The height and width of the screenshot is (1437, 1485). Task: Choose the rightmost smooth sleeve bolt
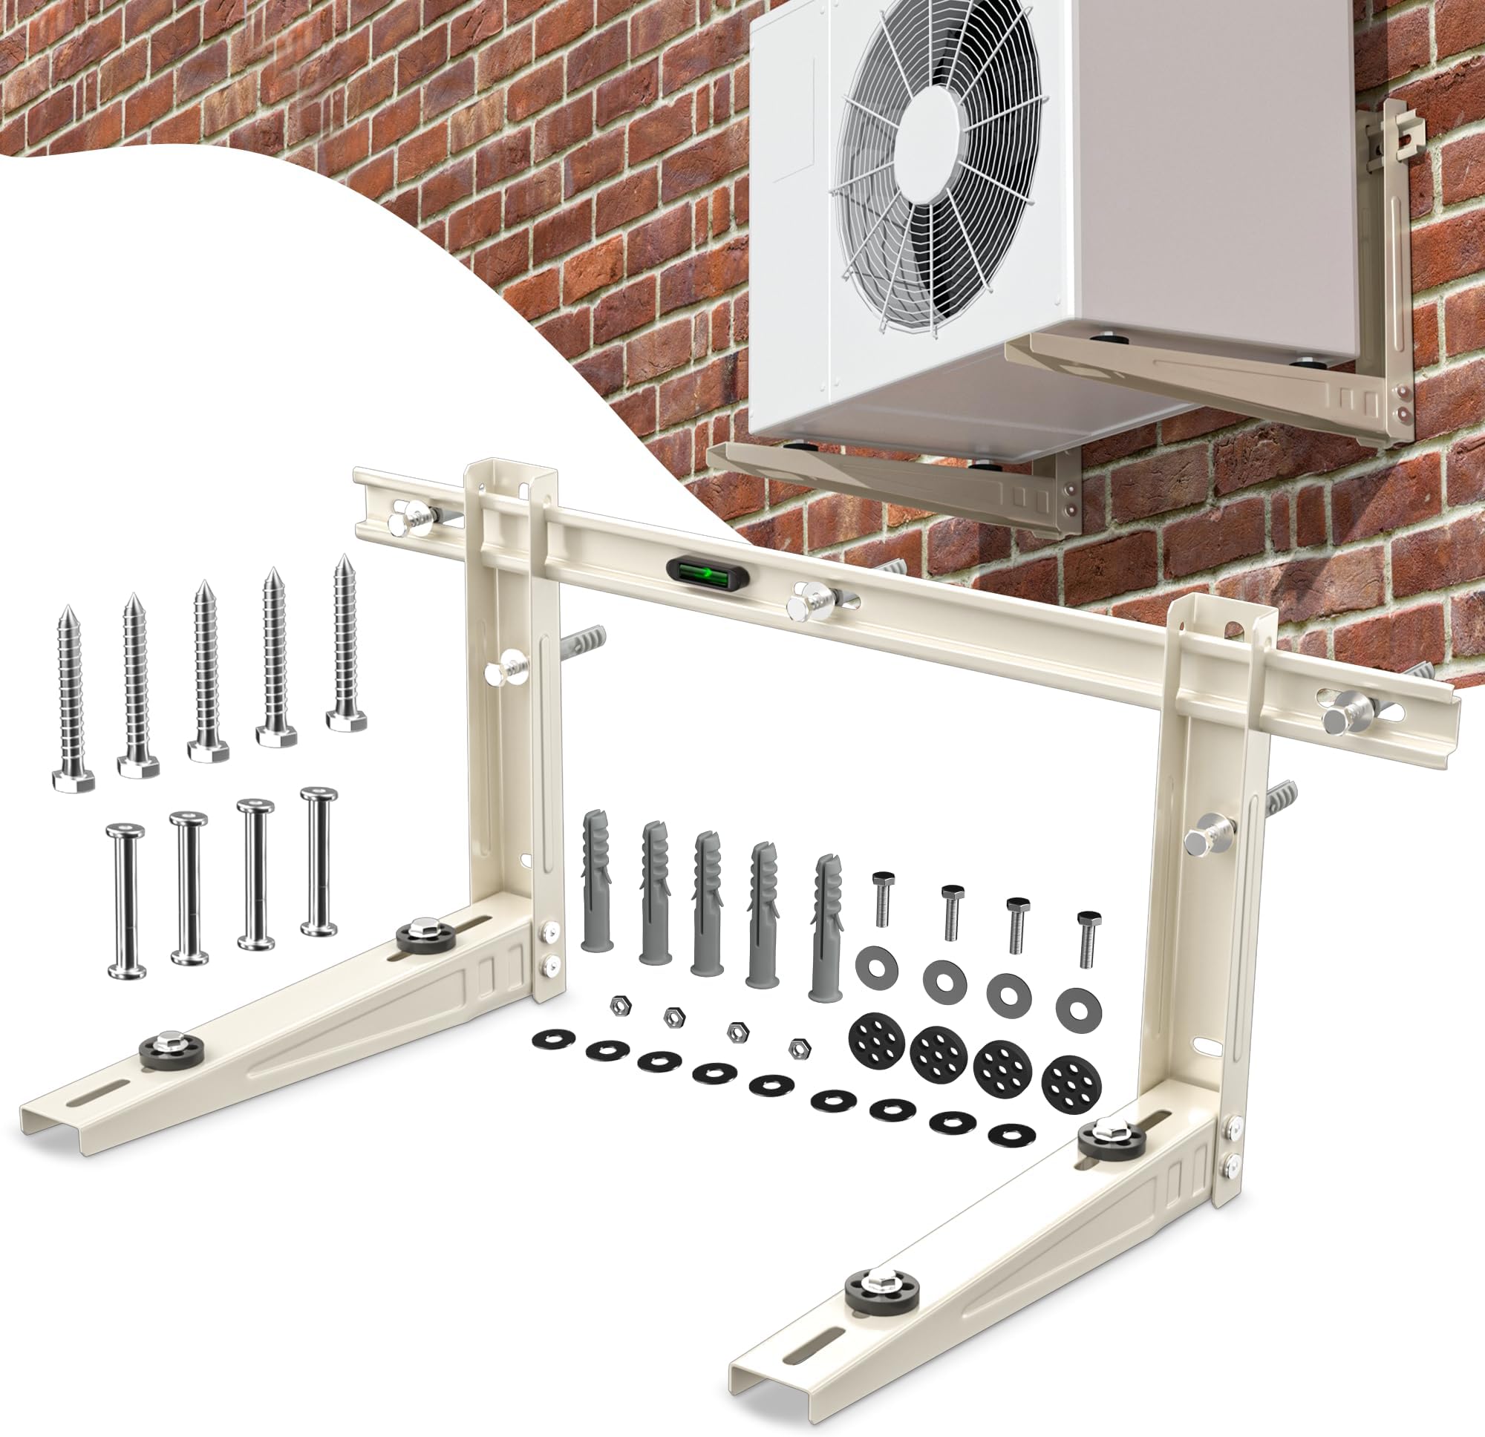(319, 861)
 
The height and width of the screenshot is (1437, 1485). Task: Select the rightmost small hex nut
(796, 1047)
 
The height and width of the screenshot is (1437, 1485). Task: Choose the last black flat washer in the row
(1013, 1134)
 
